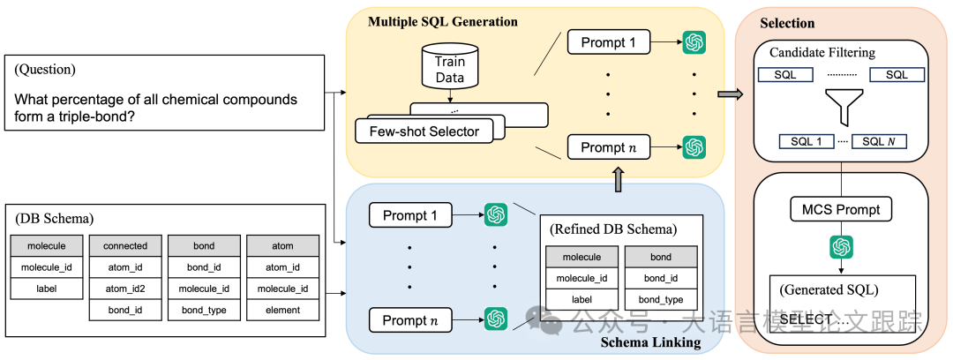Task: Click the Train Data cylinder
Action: (x=450, y=66)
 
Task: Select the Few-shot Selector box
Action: (x=417, y=131)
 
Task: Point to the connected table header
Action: (x=125, y=246)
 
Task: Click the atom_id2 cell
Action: (x=125, y=289)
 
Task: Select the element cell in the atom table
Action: (x=281, y=310)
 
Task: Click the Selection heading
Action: (x=786, y=23)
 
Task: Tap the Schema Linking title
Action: (x=650, y=343)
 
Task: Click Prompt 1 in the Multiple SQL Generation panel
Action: (x=608, y=41)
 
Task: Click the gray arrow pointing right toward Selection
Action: (x=729, y=94)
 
